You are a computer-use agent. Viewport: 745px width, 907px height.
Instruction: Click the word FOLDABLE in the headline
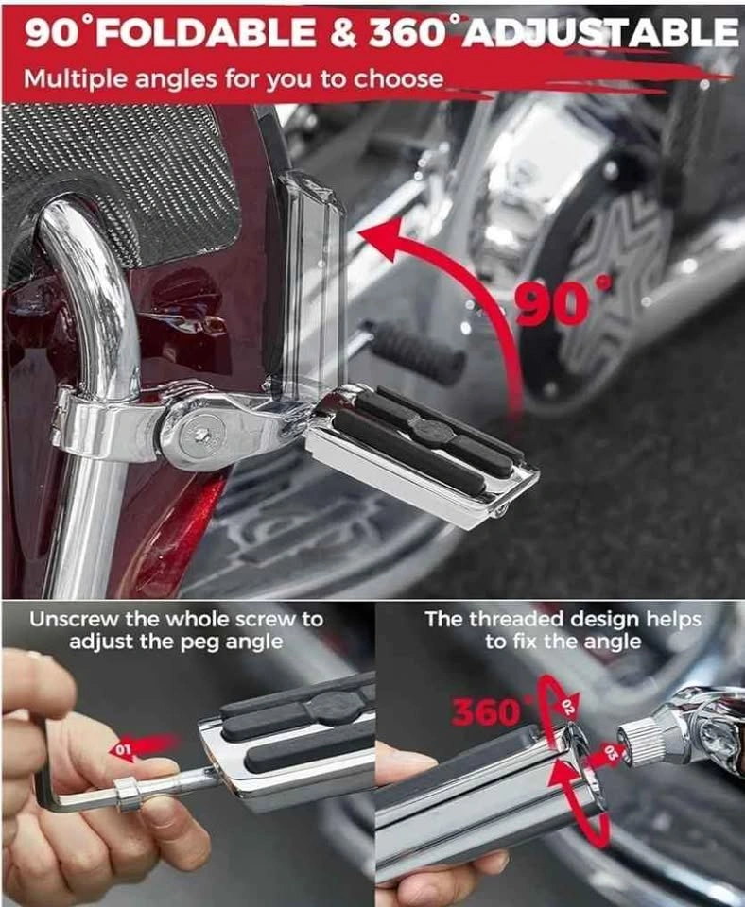206,35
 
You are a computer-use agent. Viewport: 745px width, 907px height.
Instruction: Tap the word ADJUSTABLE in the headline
601,33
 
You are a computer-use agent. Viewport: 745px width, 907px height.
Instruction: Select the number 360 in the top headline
407,34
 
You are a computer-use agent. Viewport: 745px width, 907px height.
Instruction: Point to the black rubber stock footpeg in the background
416,351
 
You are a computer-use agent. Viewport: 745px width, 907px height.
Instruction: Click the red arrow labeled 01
142,747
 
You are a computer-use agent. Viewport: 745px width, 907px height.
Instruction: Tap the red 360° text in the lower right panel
489,711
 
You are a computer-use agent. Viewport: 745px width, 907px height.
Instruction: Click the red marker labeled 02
567,705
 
